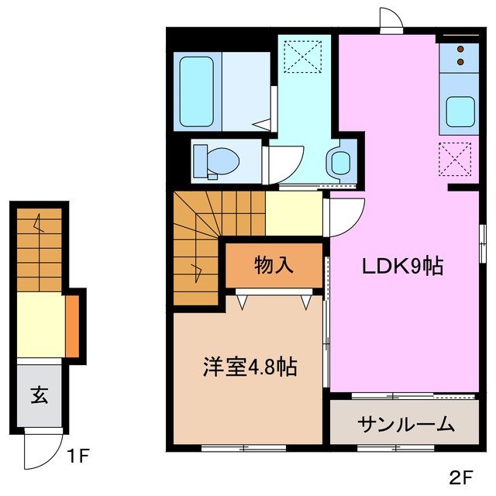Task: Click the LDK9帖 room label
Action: [x=403, y=267]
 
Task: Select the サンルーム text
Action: [x=405, y=423]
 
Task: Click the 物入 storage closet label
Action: [x=274, y=265]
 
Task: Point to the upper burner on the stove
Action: [x=460, y=49]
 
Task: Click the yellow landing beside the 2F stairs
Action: [x=294, y=212]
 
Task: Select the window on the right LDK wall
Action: [x=482, y=242]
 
